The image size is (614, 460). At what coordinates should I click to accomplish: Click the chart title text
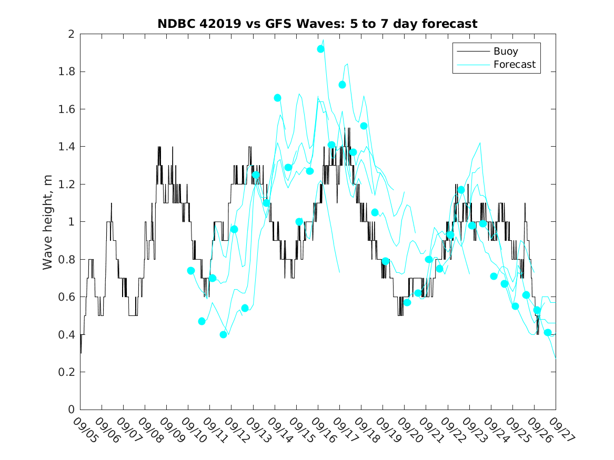pyautogui.click(x=317, y=24)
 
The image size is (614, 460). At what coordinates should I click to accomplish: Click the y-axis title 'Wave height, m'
pyautogui.click(x=48, y=222)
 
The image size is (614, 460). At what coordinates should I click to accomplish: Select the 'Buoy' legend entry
pyautogui.click(x=505, y=52)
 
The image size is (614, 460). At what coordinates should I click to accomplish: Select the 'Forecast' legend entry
pyautogui.click(x=514, y=65)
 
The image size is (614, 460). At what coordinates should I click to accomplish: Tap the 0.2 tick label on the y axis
pyautogui.click(x=67, y=372)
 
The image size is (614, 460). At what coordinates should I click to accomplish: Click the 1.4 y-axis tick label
pyautogui.click(x=67, y=147)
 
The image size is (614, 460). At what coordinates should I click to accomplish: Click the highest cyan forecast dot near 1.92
pyautogui.click(x=320, y=49)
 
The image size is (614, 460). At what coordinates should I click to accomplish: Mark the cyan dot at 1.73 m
pyautogui.click(x=342, y=85)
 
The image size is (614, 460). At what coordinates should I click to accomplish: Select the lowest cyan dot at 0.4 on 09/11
pyautogui.click(x=223, y=334)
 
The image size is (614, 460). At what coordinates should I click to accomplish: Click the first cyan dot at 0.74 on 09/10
pyautogui.click(x=191, y=271)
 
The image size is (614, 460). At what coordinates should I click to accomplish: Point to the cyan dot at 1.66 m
pyautogui.click(x=277, y=98)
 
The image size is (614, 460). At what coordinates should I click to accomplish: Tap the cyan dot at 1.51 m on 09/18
pyautogui.click(x=364, y=126)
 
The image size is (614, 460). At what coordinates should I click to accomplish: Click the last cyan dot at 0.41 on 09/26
pyautogui.click(x=548, y=332)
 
